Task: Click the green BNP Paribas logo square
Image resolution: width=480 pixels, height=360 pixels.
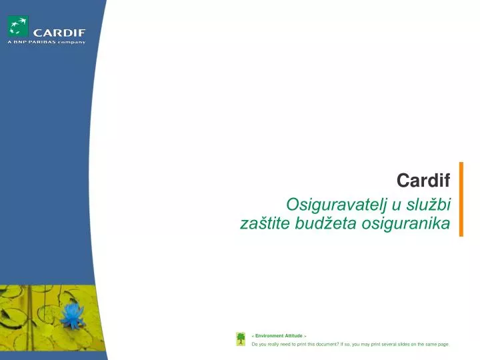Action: click(18, 27)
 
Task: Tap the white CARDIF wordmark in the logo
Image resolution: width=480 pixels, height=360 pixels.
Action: click(59, 31)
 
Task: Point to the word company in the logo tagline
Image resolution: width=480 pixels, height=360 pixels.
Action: click(72, 42)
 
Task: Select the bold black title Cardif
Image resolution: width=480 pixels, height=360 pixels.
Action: click(423, 180)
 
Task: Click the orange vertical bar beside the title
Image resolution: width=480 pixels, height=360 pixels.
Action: click(461, 199)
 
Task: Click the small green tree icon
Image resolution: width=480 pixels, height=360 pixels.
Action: click(241, 339)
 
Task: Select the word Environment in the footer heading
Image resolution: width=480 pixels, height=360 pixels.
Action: click(269, 335)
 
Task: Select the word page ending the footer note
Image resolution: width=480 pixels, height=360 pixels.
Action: click(443, 344)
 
